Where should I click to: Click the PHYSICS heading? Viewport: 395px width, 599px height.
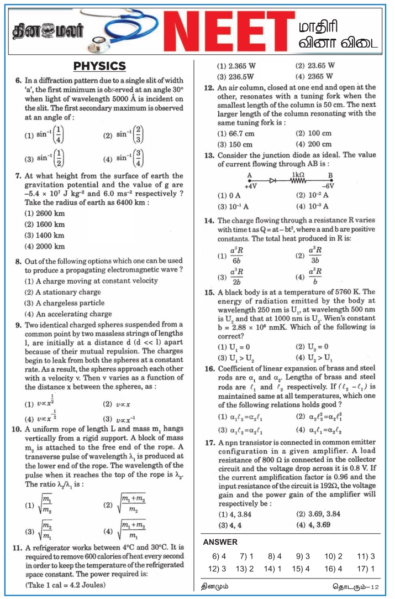coord(99,66)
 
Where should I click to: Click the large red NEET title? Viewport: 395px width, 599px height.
coord(232,30)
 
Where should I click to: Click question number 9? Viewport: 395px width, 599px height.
coord(18,325)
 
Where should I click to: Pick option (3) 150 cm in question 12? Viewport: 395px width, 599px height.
coord(235,144)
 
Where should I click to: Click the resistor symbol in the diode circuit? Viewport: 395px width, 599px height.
coord(298,180)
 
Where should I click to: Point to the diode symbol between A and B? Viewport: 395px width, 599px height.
coord(272,180)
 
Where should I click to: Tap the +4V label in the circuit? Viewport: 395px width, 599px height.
coord(251,187)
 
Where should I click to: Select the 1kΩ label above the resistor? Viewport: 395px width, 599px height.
coord(298,173)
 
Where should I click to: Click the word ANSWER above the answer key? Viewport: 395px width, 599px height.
coord(220,542)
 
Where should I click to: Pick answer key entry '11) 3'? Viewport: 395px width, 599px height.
coord(366,556)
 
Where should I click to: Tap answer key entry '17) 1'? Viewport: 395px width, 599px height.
coord(366,569)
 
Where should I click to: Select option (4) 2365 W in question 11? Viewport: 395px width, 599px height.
coord(314,76)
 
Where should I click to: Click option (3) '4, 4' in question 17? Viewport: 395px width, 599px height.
coord(230,524)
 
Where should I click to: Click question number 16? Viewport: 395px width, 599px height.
coord(209,368)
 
